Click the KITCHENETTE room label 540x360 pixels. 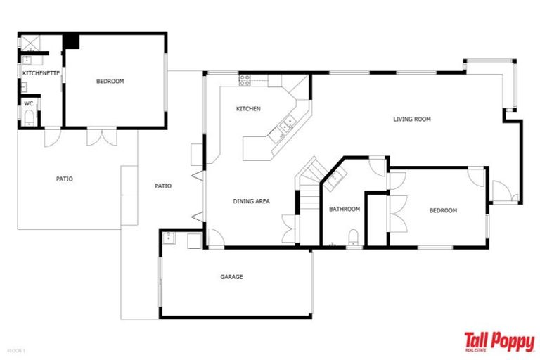coord(41,73)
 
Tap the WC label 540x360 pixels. coord(29,103)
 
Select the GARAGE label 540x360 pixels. coord(231,277)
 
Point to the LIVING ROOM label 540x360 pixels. coord(411,120)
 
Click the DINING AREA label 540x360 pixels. coord(251,202)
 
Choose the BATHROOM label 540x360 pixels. coord(345,209)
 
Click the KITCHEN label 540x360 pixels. coord(248,109)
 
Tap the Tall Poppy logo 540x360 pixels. coord(499,341)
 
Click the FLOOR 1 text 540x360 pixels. coord(16,349)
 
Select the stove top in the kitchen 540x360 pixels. coord(245,80)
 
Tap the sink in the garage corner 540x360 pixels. coord(169,238)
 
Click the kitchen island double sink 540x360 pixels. coord(286,126)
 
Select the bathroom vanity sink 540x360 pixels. coord(335,176)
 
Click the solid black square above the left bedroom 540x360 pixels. coord(70,41)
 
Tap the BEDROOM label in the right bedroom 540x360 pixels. coord(443,210)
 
